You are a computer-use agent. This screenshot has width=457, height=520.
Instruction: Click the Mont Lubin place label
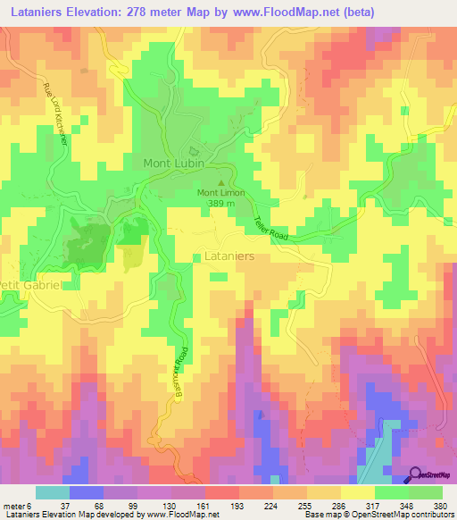click(174, 164)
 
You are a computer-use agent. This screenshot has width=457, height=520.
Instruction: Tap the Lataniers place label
click(230, 256)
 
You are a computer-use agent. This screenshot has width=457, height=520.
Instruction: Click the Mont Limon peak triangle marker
click(223, 182)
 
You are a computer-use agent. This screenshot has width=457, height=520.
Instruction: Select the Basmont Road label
click(181, 372)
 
